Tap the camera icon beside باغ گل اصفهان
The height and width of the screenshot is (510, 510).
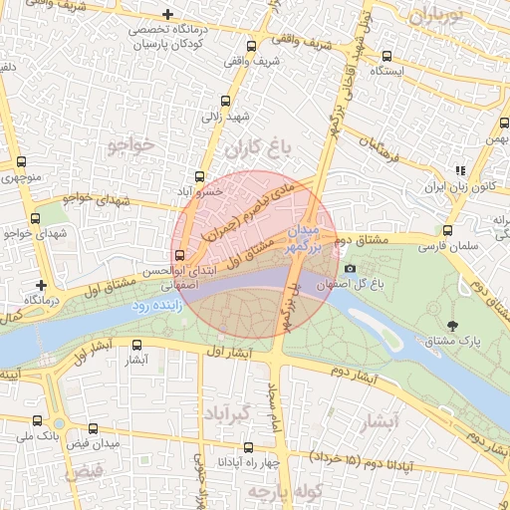click(x=349, y=269)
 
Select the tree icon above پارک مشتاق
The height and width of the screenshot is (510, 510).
click(x=453, y=325)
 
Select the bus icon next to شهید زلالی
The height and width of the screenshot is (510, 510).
click(x=225, y=102)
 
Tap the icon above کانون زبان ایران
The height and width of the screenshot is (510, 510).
click(x=459, y=170)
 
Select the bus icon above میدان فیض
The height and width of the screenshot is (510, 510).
click(x=94, y=428)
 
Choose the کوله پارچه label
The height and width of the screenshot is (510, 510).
click(x=273, y=492)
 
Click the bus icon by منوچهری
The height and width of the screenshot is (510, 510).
click(x=22, y=165)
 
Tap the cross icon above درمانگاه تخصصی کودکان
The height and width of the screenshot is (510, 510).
click(x=166, y=15)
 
